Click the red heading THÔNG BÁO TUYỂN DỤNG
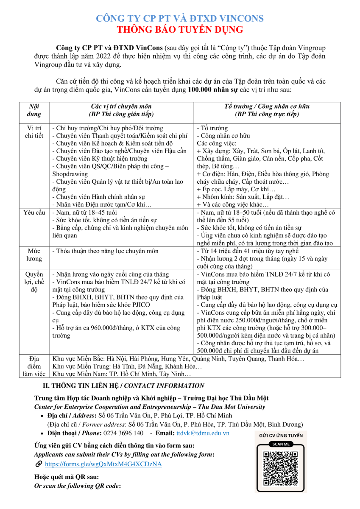pyautogui.click(x=180, y=30)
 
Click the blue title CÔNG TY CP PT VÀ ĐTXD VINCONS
pyautogui.click(x=180, y=19)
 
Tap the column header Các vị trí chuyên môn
pyautogui.click(x=121, y=106)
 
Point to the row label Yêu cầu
pyautogui.click(x=34, y=213)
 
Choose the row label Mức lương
pyautogui.click(x=34, y=255)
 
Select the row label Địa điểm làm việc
pyautogui.click(x=34, y=366)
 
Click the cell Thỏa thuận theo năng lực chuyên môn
pyautogui.click(x=105, y=251)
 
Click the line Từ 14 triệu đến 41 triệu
pyautogui.click(x=251, y=251)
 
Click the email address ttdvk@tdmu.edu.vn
pyautogui.click(x=203, y=433)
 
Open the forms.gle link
pyautogui.click(x=103, y=464)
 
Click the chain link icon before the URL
pyautogui.click(x=39, y=464)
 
